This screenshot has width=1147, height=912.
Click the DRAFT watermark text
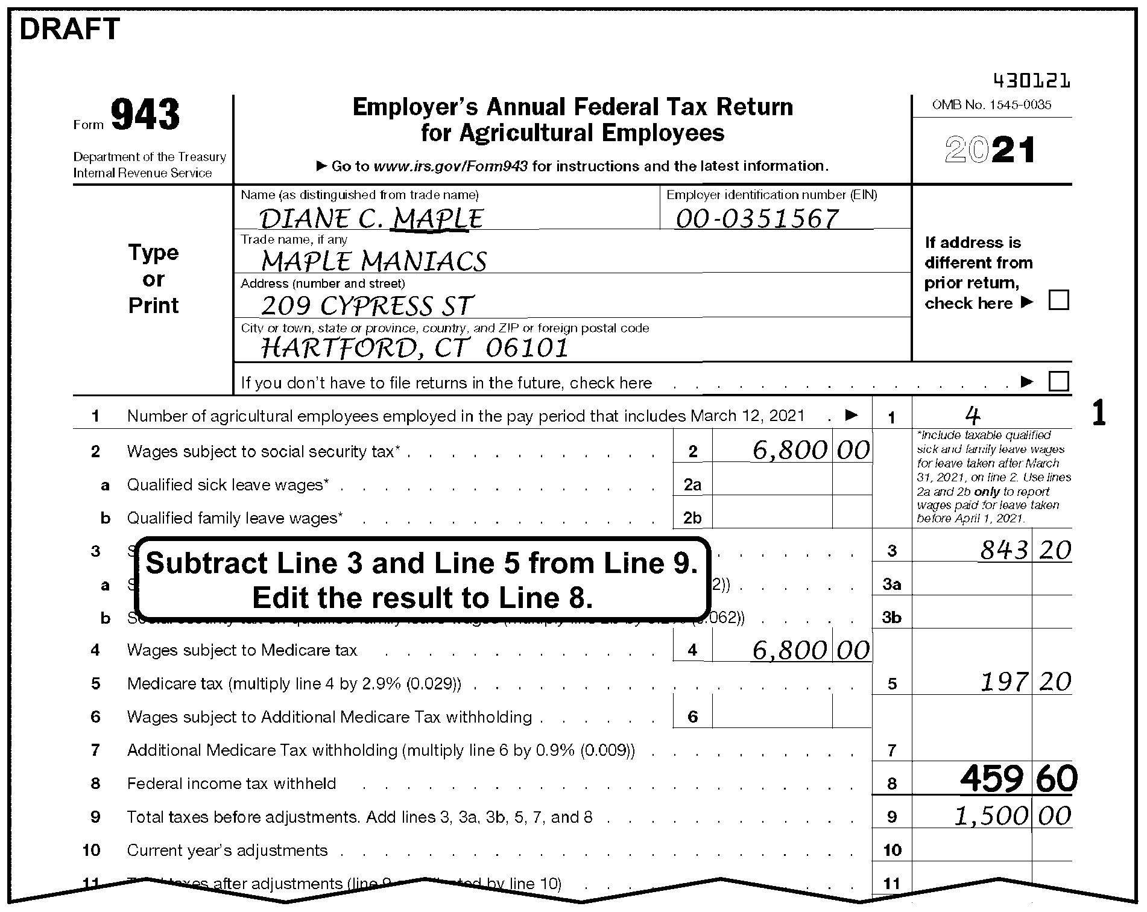[x=70, y=30]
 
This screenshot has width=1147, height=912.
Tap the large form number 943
[x=145, y=115]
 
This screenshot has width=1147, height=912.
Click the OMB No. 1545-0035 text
[x=991, y=105]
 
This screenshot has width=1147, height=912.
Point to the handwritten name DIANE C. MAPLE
[x=371, y=219]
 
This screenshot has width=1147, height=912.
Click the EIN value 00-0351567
[x=757, y=219]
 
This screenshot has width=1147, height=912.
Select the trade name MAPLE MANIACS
[x=374, y=262]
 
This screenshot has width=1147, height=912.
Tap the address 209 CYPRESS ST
[x=367, y=306]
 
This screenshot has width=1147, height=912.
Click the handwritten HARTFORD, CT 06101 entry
[x=415, y=348]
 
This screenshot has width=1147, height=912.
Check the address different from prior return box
[x=1058, y=300]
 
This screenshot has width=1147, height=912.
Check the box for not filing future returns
[x=1058, y=382]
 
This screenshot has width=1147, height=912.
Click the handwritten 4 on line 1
[x=972, y=415]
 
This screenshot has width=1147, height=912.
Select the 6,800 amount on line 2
[x=789, y=450]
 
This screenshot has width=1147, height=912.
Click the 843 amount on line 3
[x=1003, y=550]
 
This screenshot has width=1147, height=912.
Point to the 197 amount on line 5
[x=1003, y=682]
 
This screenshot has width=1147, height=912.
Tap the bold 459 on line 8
[x=991, y=779]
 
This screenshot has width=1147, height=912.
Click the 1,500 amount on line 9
[x=990, y=816]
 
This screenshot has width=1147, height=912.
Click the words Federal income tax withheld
[x=232, y=784]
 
